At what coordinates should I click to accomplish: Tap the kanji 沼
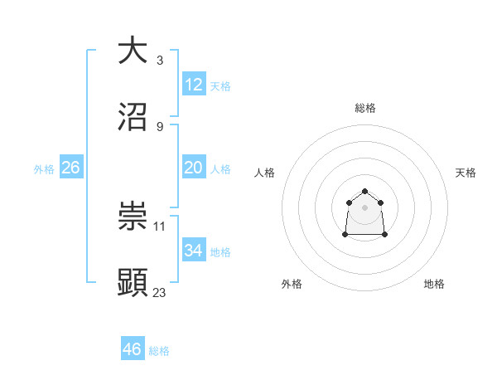(x=133, y=116)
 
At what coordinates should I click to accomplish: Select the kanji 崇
(x=133, y=216)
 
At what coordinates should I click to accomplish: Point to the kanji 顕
(x=133, y=282)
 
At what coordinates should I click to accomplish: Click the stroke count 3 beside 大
(x=159, y=61)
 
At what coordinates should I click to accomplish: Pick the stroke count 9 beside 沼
(x=159, y=127)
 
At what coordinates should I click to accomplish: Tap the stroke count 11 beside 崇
(x=160, y=226)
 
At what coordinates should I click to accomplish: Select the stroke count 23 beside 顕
(x=160, y=292)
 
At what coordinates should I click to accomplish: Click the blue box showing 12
(x=193, y=85)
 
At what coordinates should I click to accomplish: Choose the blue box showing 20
(x=193, y=168)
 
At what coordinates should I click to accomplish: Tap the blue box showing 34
(x=193, y=251)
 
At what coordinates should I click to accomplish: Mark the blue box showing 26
(x=70, y=168)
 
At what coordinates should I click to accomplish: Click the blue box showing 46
(x=133, y=349)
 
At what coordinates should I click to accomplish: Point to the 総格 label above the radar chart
(x=365, y=108)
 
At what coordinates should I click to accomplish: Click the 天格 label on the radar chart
(x=466, y=173)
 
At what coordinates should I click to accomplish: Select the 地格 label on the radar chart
(x=434, y=284)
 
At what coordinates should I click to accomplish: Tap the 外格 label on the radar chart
(x=292, y=284)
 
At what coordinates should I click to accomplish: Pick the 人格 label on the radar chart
(x=265, y=173)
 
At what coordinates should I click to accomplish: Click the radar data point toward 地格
(x=384, y=235)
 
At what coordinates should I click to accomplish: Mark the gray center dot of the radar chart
(x=365, y=207)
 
